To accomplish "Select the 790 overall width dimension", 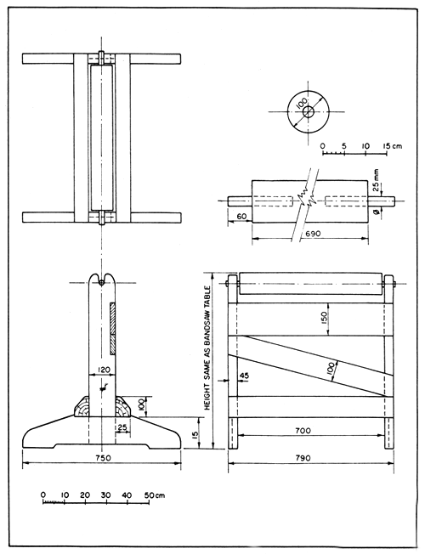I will point(309,457).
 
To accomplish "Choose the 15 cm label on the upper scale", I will point(392,146).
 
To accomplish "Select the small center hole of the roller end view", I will point(307,110).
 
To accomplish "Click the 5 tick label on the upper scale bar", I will point(343,146).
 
